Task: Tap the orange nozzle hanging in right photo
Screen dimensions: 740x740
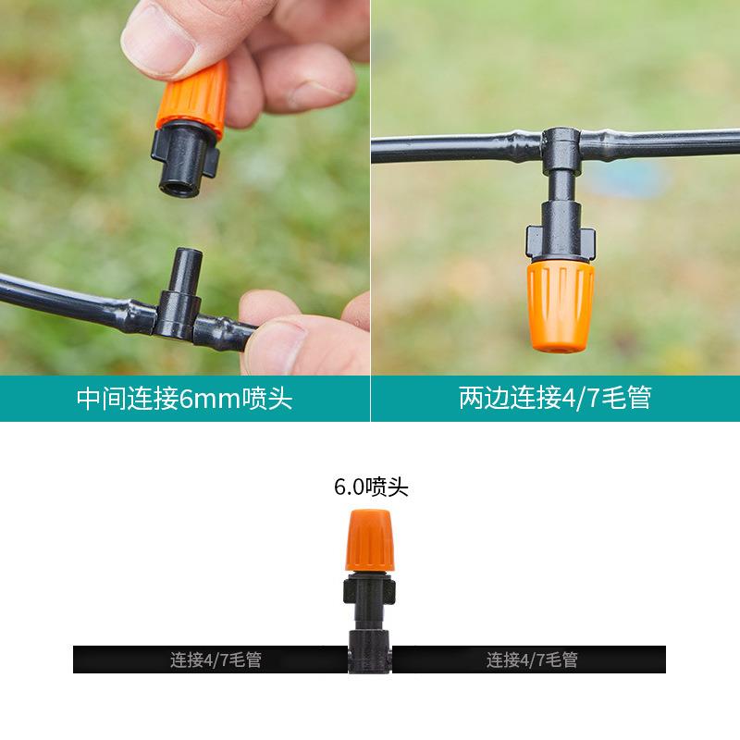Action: coord(561,305)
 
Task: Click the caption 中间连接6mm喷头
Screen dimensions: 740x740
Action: coord(184,399)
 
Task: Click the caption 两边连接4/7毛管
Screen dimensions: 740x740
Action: coord(555,399)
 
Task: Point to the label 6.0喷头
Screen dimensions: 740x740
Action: coord(371,487)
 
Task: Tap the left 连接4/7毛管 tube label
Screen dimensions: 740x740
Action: coord(216,660)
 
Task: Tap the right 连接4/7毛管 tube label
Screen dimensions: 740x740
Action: coord(532,660)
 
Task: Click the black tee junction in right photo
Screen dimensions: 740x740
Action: coord(560,148)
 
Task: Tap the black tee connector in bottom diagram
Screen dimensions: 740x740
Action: coord(370,652)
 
